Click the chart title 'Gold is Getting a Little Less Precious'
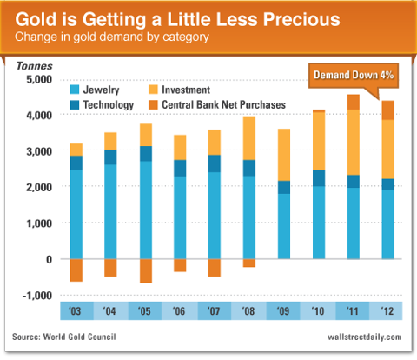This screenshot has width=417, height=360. [177, 20]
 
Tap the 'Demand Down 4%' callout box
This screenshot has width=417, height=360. [354, 76]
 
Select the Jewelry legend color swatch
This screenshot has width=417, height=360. [75, 90]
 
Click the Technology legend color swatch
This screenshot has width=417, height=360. [75, 104]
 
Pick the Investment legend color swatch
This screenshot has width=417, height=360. [153, 90]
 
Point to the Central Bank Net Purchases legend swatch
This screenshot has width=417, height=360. [153, 104]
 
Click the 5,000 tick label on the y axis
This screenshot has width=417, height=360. [39, 79]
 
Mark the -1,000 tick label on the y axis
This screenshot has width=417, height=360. [37, 296]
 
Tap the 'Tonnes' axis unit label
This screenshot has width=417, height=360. [35, 66]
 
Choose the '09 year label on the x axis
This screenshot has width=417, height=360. [283, 311]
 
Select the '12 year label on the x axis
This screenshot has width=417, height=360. [387, 311]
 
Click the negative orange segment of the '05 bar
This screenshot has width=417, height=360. [146, 271]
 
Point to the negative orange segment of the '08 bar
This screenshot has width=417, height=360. [249, 263]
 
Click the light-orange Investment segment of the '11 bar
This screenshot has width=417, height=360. [354, 143]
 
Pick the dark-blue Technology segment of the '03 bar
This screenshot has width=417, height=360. [76, 163]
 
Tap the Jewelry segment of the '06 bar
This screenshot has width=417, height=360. [180, 217]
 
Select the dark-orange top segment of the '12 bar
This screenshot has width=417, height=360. [387, 110]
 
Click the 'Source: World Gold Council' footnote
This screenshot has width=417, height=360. [64, 337]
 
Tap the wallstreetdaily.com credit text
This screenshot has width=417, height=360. [365, 337]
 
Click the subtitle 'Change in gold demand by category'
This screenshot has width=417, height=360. [112, 37]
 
